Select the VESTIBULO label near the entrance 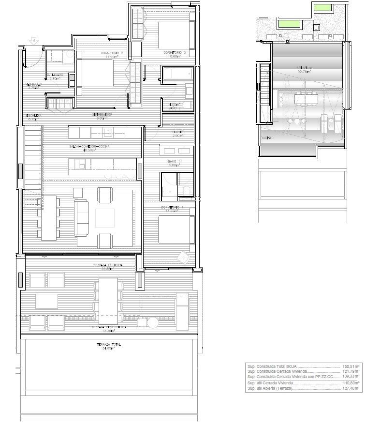click(34, 84)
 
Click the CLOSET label click(177, 132)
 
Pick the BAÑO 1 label click(174, 162)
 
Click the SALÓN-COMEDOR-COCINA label click(89, 146)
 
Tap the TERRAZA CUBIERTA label click(108, 265)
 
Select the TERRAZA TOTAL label click(108, 345)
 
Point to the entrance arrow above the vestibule click(33, 42)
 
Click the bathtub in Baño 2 click(176, 74)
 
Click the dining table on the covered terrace click(108, 300)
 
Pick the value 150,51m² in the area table click(351, 367)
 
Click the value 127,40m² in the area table click(351, 388)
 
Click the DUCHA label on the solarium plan click(265, 138)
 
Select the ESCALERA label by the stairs click(34, 115)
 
